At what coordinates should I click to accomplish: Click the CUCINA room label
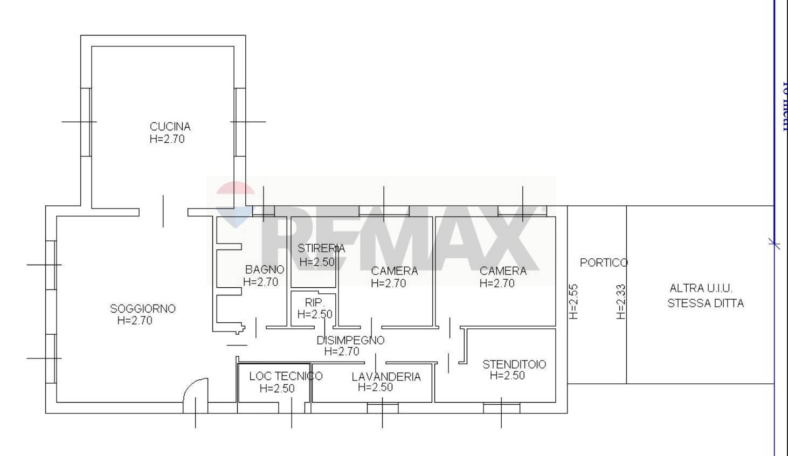[170, 127]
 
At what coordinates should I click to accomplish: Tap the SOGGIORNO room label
[143, 309]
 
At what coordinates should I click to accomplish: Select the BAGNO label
[264, 270]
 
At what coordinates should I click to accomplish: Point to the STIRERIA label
[321, 249]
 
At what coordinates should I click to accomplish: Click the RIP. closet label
[314, 303]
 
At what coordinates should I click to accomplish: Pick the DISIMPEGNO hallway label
[350, 341]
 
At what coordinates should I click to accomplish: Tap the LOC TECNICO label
[286, 376]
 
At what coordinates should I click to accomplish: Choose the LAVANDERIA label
[386, 377]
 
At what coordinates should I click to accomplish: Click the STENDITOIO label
[514, 365]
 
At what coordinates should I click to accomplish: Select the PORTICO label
[604, 263]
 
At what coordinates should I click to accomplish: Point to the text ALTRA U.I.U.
[701, 288]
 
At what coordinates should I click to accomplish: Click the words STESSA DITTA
[706, 303]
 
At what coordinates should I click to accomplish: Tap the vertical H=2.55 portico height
[573, 302]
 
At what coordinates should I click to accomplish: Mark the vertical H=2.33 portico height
[621, 302]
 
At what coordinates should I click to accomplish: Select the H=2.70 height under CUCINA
[167, 139]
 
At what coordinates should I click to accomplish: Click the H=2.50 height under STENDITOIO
[507, 376]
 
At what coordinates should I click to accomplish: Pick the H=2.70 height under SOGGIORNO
[135, 321]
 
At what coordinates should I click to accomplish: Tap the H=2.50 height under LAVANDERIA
[375, 388]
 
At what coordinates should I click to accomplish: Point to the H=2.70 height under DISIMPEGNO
[342, 352]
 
